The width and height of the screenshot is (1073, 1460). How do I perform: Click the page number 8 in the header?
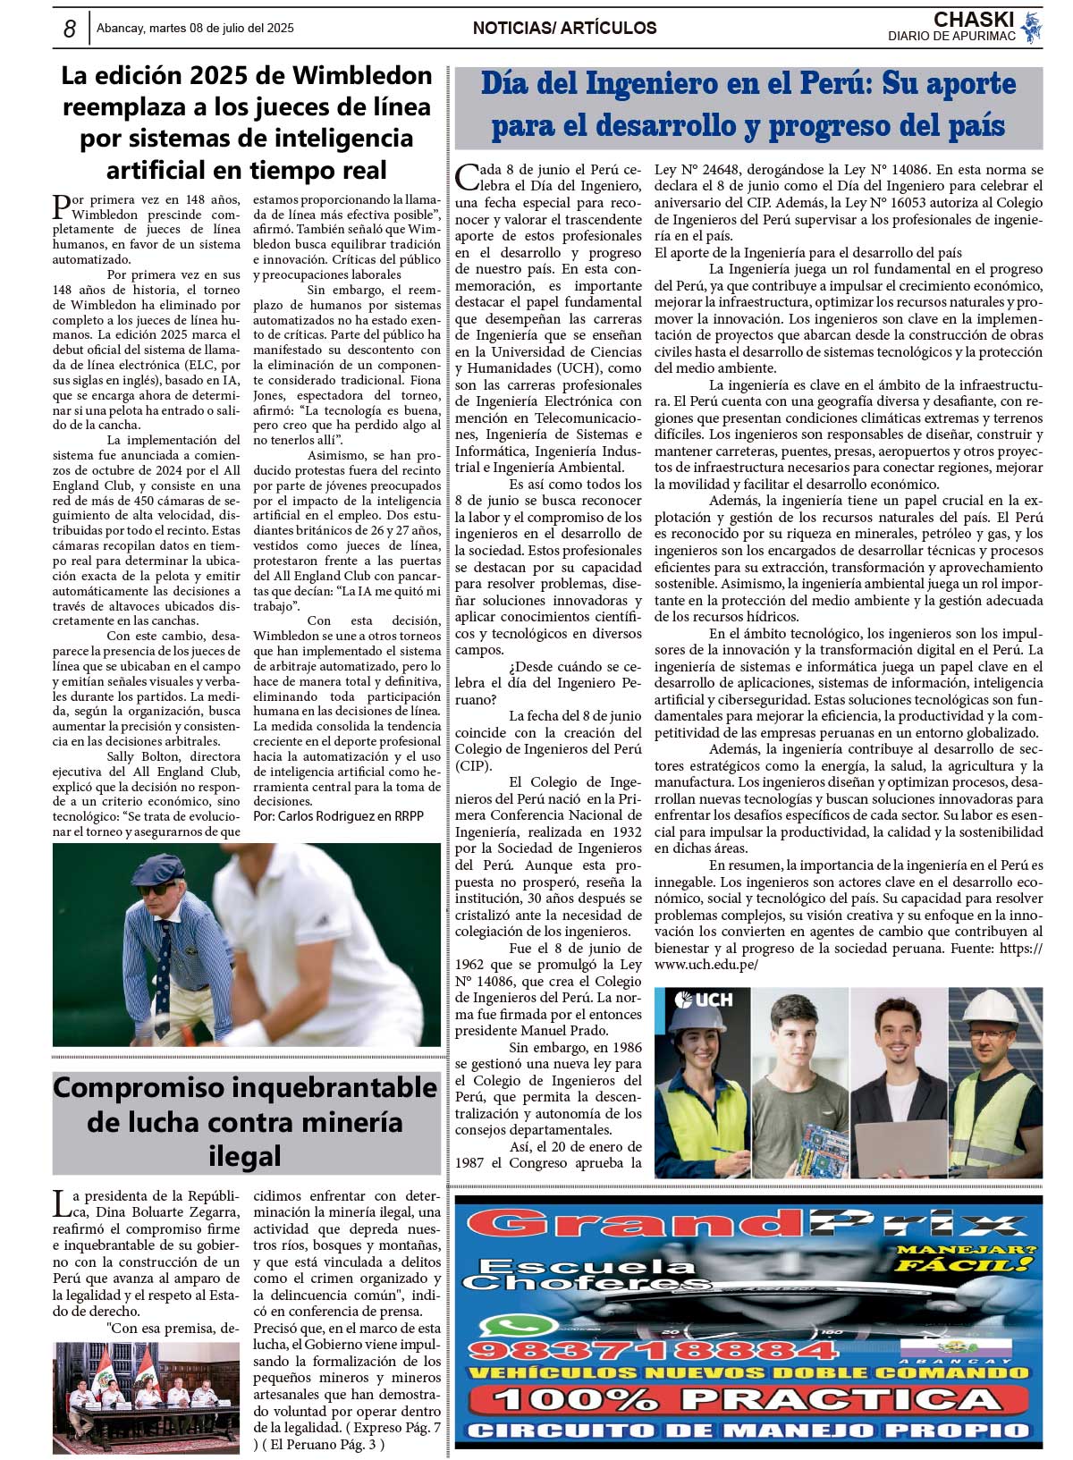69,29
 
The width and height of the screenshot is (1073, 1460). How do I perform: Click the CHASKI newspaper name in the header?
973,19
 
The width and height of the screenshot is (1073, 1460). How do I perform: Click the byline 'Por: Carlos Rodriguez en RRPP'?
338,816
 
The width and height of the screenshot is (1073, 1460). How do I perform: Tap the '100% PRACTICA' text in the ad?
747,1399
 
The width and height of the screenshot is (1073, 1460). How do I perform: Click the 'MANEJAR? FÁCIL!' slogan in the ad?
967,1258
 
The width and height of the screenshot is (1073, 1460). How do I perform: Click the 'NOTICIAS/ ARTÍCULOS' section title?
564,29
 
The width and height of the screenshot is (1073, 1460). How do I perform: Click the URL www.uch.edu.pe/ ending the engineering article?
706,965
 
